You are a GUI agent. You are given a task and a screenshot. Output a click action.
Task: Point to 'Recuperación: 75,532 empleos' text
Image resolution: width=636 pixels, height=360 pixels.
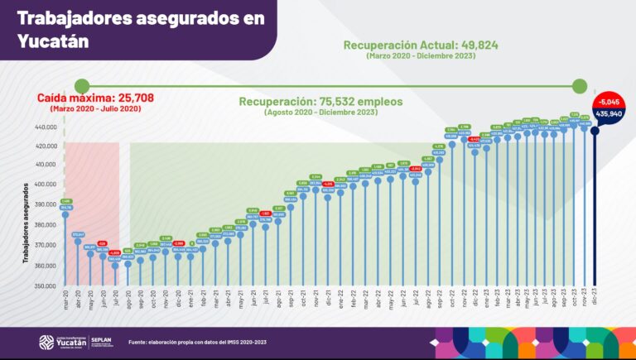pos(320,101)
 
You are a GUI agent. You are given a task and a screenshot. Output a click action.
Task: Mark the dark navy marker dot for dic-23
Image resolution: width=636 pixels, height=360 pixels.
pos(595,130)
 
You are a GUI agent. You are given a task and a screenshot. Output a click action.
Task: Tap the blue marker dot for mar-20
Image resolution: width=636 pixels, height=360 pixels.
pos(65,215)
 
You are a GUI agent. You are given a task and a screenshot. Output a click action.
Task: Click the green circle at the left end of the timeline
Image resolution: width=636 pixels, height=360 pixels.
pos(81,84)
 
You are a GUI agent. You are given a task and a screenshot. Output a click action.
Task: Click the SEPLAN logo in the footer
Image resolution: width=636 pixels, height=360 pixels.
pos(104,342)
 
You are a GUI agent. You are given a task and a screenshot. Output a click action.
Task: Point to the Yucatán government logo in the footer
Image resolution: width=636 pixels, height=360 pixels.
pos(60,342)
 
